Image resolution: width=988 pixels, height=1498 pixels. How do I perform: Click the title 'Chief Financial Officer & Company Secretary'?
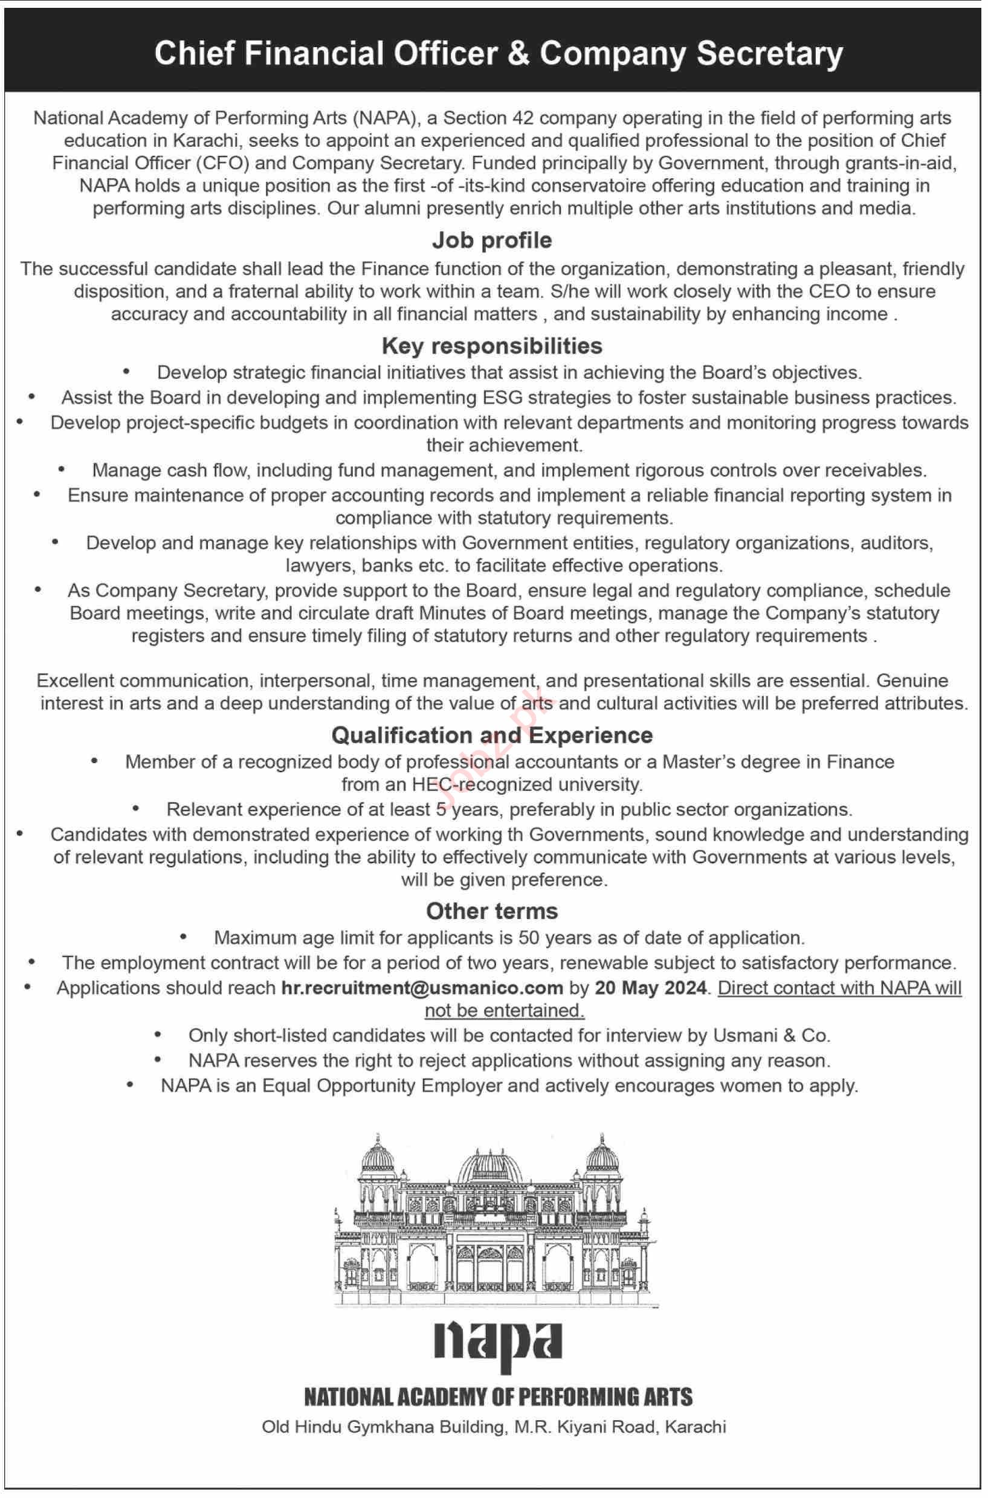point(499,54)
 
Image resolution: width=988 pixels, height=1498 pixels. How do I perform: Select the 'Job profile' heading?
point(492,240)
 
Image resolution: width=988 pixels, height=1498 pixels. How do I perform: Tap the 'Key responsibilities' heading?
point(492,346)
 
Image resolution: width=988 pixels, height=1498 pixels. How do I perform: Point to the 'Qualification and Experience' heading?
point(492,735)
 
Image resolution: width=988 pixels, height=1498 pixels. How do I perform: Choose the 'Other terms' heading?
point(492,911)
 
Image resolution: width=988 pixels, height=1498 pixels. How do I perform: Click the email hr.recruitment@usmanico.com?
point(422,988)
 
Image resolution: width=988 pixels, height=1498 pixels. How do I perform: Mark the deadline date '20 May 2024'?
point(650,988)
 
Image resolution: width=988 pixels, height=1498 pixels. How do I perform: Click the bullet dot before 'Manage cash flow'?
point(62,470)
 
